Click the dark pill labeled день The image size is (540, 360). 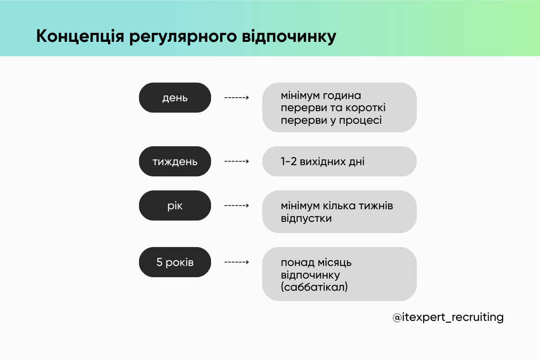point(175,98)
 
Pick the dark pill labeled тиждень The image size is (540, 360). point(175,161)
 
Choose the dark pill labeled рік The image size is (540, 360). point(175,206)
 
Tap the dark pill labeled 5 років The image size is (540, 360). point(175,262)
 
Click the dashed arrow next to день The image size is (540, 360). point(237,98)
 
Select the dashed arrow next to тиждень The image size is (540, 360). point(237,161)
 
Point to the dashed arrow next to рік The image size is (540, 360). point(237,206)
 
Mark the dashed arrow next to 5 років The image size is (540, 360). point(237,262)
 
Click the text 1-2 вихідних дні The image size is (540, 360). point(323,161)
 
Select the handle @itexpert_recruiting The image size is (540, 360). point(448,317)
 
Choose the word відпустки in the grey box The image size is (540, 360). point(306,218)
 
